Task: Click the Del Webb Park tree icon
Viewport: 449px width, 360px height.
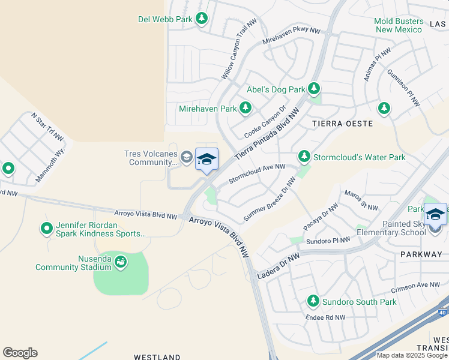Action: tap(202, 19)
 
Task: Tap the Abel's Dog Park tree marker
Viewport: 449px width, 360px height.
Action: tap(313, 89)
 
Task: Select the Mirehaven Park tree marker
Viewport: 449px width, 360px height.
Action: tap(245, 109)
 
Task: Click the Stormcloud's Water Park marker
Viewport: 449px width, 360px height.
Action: tap(304, 157)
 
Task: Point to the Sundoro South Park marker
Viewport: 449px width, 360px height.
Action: tap(313, 301)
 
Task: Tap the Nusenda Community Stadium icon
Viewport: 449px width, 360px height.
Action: tap(120, 262)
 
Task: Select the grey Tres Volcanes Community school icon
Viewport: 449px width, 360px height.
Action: tap(187, 158)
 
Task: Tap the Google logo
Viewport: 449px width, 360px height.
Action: tap(20, 353)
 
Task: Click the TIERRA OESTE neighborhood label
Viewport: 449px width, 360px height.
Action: tap(343, 124)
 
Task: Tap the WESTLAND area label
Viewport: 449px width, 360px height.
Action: tap(157, 357)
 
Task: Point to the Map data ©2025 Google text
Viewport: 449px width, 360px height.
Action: tap(411, 355)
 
